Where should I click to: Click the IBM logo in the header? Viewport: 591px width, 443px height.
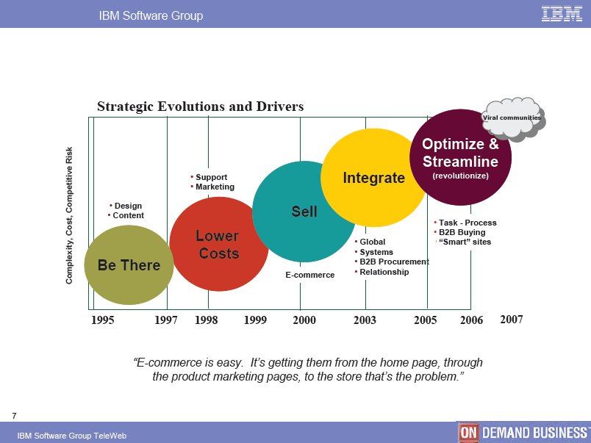pos(562,14)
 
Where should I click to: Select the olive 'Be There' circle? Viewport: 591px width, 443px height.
pos(129,264)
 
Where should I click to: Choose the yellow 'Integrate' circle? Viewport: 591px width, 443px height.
pos(373,178)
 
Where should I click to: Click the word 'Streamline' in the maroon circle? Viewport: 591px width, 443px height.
pos(460,162)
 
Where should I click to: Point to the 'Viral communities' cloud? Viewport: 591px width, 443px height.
pos(513,119)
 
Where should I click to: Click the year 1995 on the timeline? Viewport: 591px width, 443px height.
pos(102,320)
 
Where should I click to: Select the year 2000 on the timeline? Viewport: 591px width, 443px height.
pos(304,320)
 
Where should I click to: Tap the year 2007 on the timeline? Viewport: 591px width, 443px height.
pos(512,320)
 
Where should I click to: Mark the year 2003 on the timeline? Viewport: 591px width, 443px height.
pos(365,320)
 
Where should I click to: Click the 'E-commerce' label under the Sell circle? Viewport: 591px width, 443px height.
pos(309,275)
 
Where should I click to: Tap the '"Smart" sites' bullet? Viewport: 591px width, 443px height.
pos(465,242)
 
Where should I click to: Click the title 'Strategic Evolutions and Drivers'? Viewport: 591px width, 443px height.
pos(201,107)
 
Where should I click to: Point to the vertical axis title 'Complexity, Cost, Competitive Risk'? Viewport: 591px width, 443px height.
pos(69,215)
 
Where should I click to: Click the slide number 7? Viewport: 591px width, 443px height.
pos(14,416)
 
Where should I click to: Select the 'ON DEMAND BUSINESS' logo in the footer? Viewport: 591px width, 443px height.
pos(524,433)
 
